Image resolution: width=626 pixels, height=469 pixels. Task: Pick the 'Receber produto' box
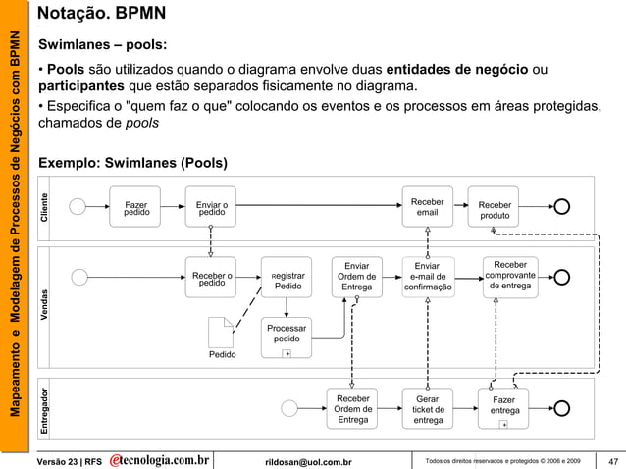pos(494,208)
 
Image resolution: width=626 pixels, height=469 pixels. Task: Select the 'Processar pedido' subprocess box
pos(287,337)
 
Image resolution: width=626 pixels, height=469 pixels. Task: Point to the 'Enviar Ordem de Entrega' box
pos(356,277)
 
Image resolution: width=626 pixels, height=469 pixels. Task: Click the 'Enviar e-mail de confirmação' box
pos(428,277)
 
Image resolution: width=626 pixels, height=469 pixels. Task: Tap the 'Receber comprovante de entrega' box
pos(510,275)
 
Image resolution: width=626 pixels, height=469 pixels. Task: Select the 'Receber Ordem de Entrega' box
pos(352,409)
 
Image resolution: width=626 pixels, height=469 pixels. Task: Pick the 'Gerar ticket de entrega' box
pos(428,409)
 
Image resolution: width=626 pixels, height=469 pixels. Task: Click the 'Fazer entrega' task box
pos(503,409)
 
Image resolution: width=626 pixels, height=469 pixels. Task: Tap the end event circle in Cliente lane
pos(563,206)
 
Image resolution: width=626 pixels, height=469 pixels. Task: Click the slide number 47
pos(612,461)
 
